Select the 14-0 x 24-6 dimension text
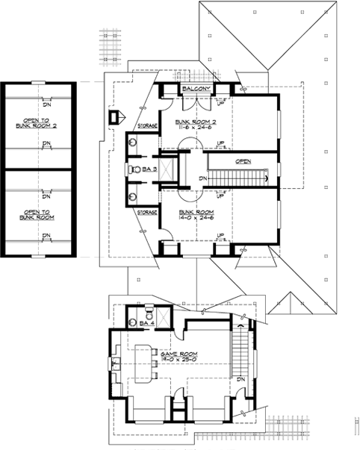(x=195, y=218)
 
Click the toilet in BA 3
(x=134, y=169)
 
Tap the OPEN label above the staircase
(x=243, y=160)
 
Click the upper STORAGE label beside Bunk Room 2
(x=146, y=126)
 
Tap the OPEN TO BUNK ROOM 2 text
(x=43, y=122)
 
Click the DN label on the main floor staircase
(x=203, y=179)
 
